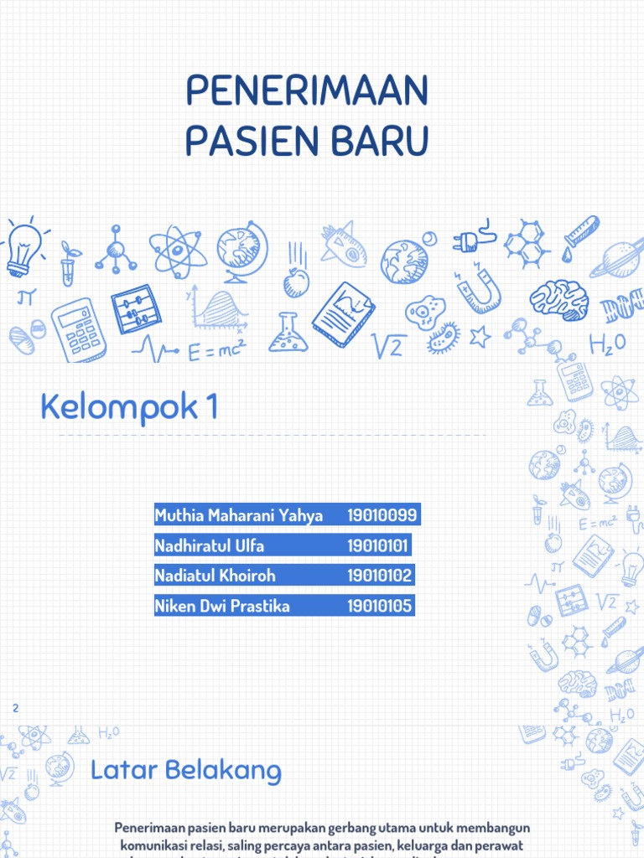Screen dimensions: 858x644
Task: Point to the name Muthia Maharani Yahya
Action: pyautogui.click(x=239, y=515)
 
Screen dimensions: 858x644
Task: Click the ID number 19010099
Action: pyautogui.click(x=382, y=515)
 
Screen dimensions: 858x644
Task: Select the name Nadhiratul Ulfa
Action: pyautogui.click(x=210, y=546)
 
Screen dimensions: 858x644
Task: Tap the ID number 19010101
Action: pyautogui.click(x=377, y=546)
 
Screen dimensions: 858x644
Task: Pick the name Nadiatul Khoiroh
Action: pyautogui.click(x=216, y=576)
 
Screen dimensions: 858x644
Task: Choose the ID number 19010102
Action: pyautogui.click(x=380, y=576)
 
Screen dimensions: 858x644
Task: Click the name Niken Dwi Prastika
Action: pyautogui.click(x=222, y=606)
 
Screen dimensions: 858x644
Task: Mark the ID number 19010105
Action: pyautogui.click(x=380, y=606)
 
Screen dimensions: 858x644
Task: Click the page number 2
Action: pyautogui.click(x=15, y=709)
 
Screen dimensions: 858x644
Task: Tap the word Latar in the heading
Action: pyautogui.click(x=122, y=769)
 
